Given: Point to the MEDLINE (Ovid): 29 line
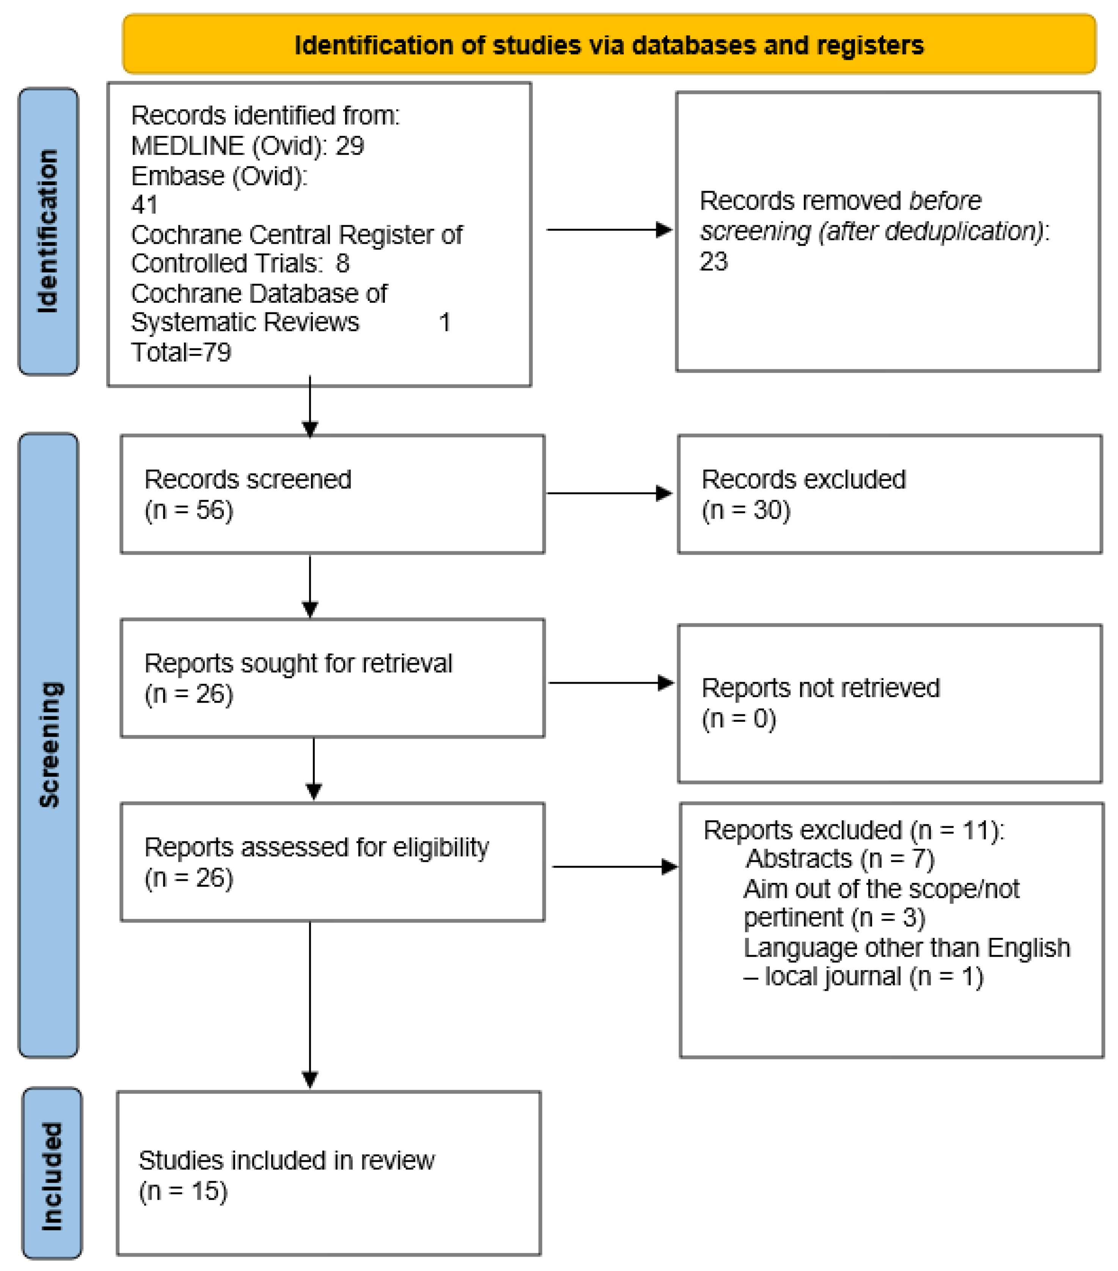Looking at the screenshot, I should click(247, 146).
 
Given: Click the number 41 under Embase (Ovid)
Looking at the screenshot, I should click(144, 205).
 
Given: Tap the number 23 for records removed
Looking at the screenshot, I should click(713, 262).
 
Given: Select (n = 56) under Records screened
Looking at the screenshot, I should click(188, 510).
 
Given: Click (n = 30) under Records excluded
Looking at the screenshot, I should click(746, 510).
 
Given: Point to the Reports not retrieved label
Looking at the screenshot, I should click(820, 688).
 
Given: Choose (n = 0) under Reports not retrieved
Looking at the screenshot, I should click(739, 719).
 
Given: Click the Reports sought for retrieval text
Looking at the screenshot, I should click(298, 664).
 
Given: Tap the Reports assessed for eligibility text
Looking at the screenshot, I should click(316, 847).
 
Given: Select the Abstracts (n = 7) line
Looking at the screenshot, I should click(839, 859).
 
